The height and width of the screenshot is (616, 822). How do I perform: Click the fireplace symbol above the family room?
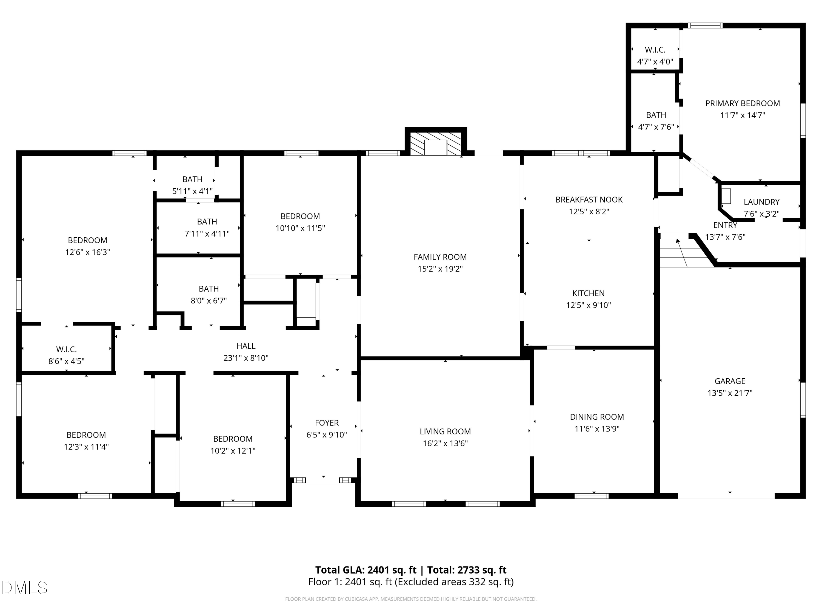point(436,143)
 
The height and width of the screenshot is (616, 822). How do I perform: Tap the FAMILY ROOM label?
point(440,257)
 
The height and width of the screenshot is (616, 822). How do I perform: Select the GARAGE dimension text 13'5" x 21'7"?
point(730,393)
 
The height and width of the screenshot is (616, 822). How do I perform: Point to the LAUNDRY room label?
point(761,202)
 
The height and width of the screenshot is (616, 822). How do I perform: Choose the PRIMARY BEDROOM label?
point(743,103)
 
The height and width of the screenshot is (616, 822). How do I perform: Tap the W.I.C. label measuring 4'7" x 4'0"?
point(655,50)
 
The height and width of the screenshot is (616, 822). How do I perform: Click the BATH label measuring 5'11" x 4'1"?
point(193,179)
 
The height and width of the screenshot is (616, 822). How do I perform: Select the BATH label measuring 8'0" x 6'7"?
point(209,289)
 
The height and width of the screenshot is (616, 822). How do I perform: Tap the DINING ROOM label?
point(597,417)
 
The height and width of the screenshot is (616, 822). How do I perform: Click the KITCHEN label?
point(588,293)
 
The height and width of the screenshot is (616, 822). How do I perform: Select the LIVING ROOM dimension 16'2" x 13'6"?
point(445,443)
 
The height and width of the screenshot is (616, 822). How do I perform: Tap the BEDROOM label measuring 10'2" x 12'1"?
point(233,439)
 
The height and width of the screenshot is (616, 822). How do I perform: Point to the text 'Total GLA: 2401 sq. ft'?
point(366,570)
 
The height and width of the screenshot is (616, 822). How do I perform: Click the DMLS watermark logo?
point(25,588)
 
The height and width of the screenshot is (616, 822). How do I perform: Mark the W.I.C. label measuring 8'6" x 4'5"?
point(67,349)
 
